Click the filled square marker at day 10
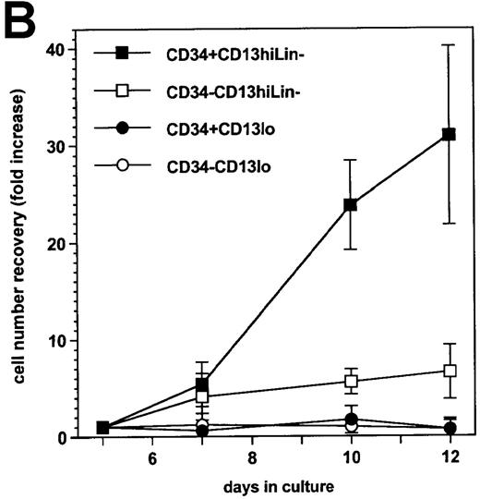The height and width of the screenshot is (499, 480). point(351,204)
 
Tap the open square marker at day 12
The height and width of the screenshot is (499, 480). point(450,371)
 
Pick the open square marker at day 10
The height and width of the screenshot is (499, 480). point(351,381)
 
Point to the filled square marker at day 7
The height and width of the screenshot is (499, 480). point(202,384)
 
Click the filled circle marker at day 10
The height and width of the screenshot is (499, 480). point(351,419)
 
